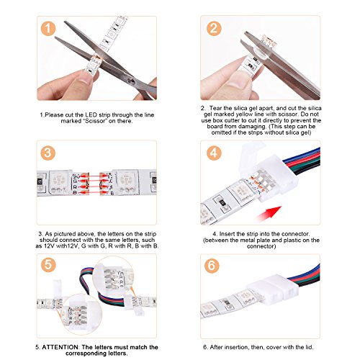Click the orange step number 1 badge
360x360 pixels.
click(48, 29)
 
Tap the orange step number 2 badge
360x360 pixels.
click(214, 28)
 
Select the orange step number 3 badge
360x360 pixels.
click(48, 153)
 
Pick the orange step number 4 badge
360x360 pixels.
click(214, 153)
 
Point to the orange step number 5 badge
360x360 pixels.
click(48, 265)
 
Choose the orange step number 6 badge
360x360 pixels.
click(212, 266)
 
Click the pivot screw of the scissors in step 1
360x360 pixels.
click(131, 81)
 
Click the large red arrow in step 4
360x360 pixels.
click(268, 214)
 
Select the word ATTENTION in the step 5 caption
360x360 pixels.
click(60, 347)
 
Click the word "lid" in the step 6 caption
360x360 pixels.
click(309, 347)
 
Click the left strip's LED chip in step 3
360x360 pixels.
click(58, 183)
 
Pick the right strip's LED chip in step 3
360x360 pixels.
click(126, 182)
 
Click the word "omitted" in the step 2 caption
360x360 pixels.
click(221, 132)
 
